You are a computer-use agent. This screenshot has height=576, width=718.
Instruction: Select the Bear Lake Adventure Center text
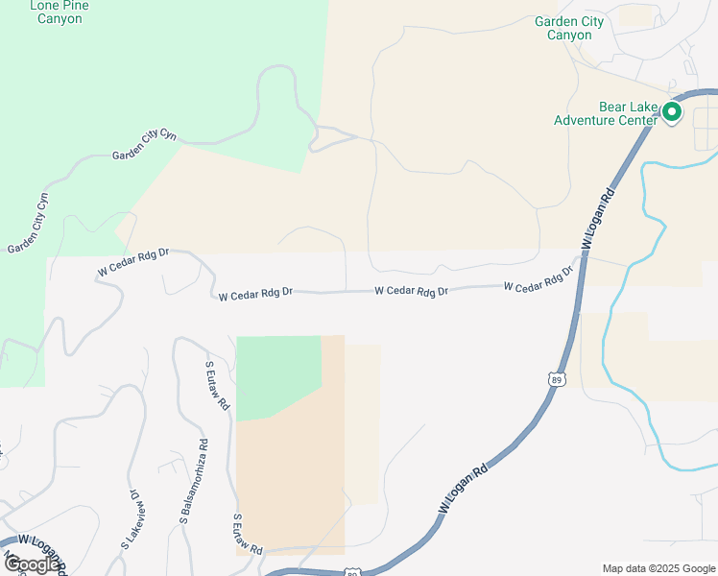point(606,113)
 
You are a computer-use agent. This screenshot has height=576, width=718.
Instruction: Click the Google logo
point(31,564)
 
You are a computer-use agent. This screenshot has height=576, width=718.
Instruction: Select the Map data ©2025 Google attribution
point(658,568)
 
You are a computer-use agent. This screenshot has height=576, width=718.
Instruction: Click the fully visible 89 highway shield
point(557,380)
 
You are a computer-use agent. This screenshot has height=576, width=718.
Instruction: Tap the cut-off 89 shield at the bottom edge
point(352,572)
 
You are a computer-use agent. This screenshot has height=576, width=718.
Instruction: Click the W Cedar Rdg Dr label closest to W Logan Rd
point(538,280)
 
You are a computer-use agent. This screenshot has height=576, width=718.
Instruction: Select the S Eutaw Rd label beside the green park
point(218,386)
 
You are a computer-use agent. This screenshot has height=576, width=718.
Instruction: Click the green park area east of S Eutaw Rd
point(276,374)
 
